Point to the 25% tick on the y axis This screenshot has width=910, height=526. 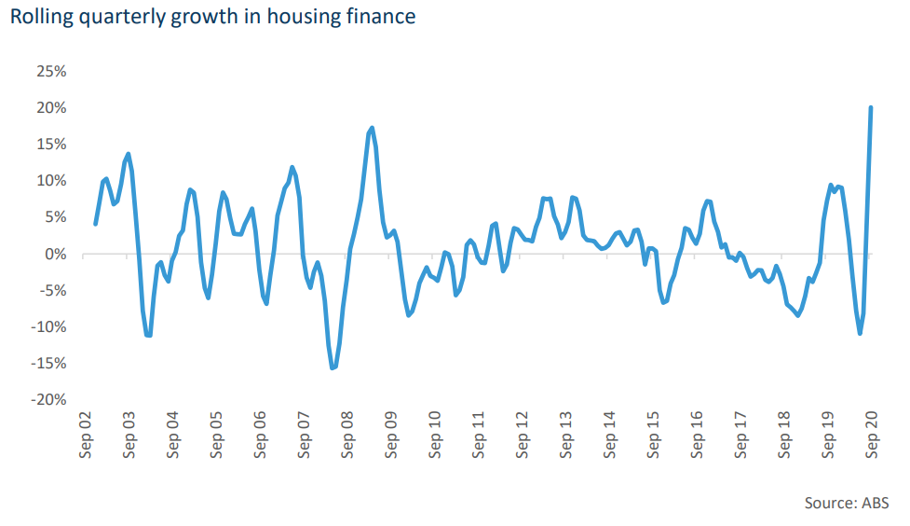pos(50,71)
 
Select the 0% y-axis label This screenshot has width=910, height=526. pos(54,254)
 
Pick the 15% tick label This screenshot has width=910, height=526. pos(50,144)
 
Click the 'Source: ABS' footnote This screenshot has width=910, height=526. pos(846,503)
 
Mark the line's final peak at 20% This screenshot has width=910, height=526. pos(871,108)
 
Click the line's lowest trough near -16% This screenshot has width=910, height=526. pos(333,368)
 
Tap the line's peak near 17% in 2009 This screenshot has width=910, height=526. pos(372,128)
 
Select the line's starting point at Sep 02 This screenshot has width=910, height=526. pos(95,224)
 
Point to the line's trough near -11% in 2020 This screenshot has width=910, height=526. pos(860,333)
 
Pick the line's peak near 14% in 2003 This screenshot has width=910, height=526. pos(128,154)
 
